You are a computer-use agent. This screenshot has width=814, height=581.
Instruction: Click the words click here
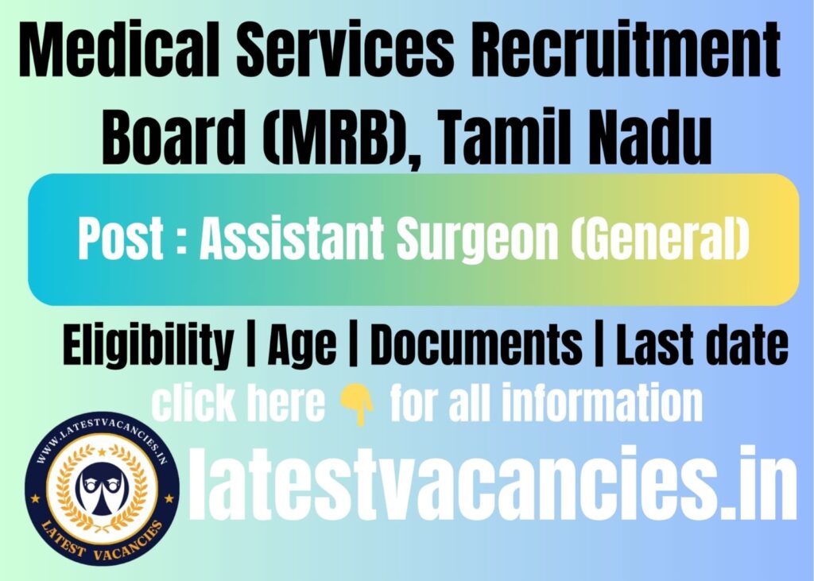tap(238, 405)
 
